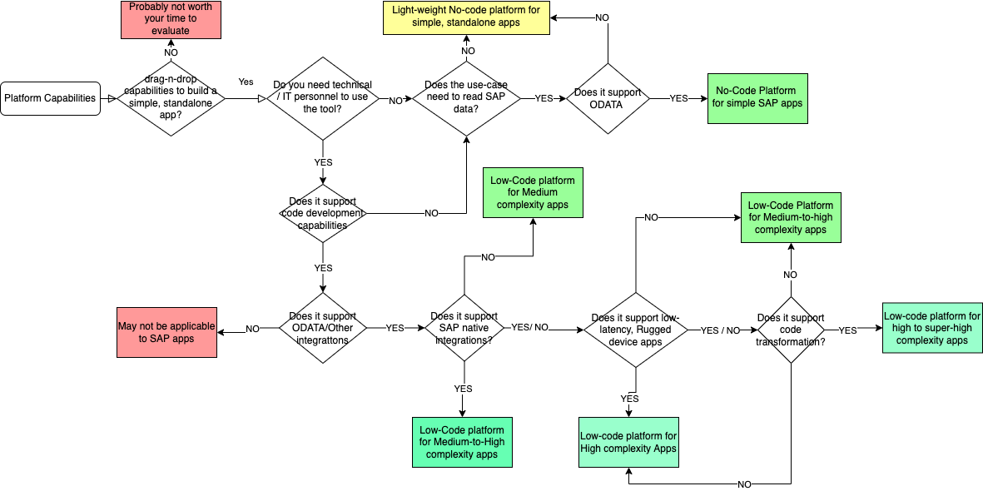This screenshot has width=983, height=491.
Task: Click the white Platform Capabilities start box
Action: [50, 98]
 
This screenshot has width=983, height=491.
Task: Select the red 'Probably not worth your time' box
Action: [171, 19]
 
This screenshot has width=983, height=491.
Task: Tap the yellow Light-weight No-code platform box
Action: [466, 17]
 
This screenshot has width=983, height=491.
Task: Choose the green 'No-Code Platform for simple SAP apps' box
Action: [757, 98]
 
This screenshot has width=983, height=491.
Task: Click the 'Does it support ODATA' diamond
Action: [608, 98]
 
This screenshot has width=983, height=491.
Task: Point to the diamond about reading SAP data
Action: [466, 98]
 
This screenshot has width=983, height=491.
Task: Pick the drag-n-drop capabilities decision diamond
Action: [171, 98]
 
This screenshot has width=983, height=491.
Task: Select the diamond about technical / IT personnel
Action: [322, 98]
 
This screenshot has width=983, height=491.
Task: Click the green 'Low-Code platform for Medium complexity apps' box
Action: [533, 192]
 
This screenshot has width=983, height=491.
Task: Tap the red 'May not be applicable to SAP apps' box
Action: [166, 333]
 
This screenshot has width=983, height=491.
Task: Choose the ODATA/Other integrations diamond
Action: [323, 328]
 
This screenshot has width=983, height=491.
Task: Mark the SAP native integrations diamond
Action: [464, 328]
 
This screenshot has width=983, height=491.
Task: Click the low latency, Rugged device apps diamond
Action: [636, 330]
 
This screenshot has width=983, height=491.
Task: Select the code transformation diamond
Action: [791, 330]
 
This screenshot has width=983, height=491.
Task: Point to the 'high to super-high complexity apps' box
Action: [932, 328]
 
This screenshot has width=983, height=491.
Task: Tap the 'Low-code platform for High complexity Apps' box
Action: [628, 442]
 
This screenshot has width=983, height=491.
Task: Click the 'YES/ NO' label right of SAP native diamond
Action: [529, 327]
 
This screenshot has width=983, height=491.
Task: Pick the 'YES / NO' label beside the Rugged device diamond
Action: [720, 330]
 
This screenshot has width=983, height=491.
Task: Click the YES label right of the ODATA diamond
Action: [678, 98]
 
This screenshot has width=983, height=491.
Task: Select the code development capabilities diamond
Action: [323, 213]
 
